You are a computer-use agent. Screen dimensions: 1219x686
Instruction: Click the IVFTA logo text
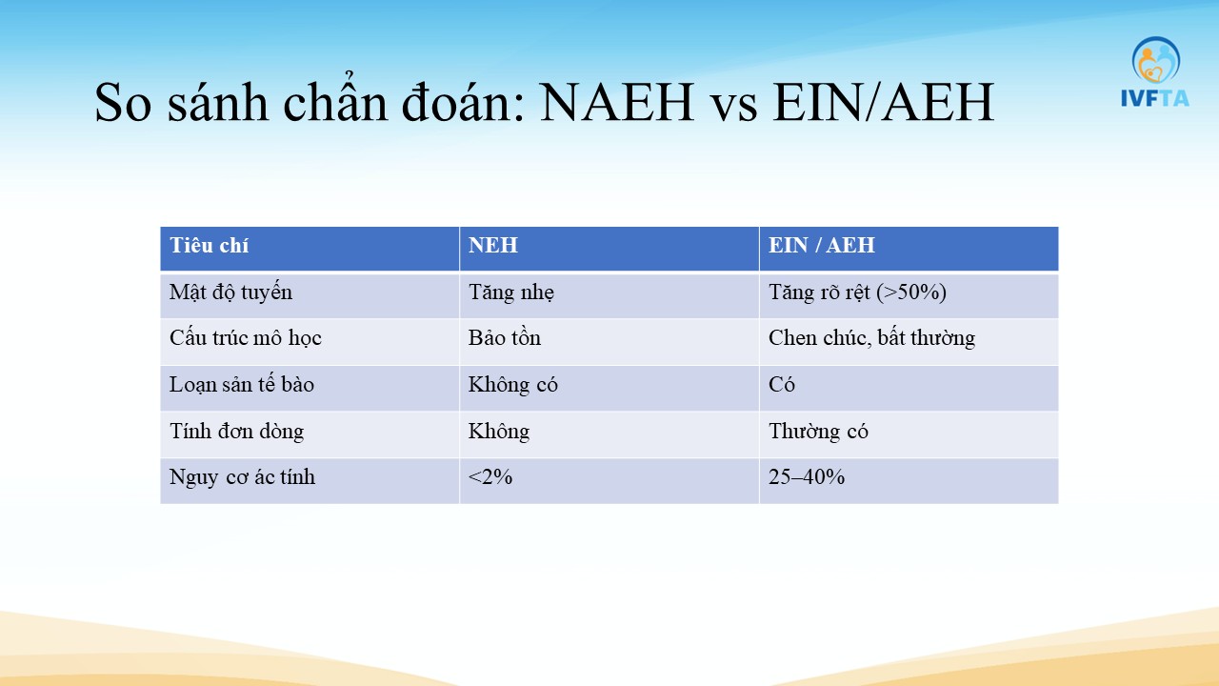(x=1155, y=98)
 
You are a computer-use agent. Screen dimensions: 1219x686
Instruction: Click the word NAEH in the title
(x=617, y=102)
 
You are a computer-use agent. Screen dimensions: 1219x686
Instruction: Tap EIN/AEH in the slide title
(x=883, y=102)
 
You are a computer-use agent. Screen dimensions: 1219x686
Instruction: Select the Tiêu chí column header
(x=209, y=246)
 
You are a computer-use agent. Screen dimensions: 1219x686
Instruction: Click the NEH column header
(x=493, y=246)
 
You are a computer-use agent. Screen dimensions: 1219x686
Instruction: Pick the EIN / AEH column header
(x=821, y=246)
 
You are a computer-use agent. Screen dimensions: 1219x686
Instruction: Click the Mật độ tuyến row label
(x=230, y=293)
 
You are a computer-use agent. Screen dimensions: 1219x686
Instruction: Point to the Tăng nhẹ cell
(x=511, y=293)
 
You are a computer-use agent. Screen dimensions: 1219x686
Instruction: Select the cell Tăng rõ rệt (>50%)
(x=857, y=293)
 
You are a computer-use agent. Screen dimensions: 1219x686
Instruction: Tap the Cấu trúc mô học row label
(x=246, y=338)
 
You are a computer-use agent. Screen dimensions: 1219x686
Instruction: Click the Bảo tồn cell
(x=505, y=338)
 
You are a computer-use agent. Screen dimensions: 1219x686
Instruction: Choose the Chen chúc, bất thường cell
(x=871, y=338)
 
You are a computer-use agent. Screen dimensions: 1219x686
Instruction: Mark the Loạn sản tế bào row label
(x=242, y=384)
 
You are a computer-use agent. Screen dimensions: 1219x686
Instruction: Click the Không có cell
(x=513, y=385)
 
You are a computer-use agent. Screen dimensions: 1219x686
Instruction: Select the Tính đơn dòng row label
(x=237, y=432)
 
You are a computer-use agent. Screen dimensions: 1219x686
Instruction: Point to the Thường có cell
(x=818, y=432)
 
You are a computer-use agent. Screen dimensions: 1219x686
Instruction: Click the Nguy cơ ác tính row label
(x=242, y=477)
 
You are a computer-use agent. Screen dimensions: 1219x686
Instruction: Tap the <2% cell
(x=490, y=477)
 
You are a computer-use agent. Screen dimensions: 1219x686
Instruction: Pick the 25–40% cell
(x=807, y=477)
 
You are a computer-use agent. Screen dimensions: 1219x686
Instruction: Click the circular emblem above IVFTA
(x=1156, y=59)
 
